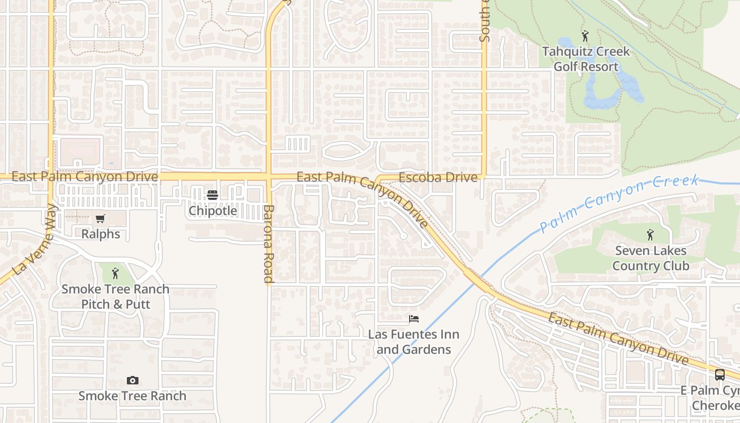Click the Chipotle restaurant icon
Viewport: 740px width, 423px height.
tap(212, 195)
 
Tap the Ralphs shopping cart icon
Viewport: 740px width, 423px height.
tap(100, 218)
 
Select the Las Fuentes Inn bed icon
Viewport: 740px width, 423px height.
tap(414, 318)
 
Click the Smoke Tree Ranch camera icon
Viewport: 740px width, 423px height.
tap(132, 380)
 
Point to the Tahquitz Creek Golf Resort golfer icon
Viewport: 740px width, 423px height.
tap(585, 36)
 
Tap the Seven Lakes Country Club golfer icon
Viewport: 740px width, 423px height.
tap(650, 234)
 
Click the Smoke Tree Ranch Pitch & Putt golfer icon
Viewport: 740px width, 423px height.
tap(115, 273)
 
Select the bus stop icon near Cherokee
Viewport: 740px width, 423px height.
tap(719, 375)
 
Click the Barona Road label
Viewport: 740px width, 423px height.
tap(269, 244)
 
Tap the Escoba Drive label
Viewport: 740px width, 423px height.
tap(438, 178)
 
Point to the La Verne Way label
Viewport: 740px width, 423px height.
tap(34, 240)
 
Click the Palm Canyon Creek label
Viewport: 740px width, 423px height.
tap(618, 204)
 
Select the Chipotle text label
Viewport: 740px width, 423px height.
tap(213, 210)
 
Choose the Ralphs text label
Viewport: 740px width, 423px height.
tap(100, 234)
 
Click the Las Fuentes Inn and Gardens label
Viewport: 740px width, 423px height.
tap(414, 342)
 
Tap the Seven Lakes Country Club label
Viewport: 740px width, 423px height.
tap(650, 258)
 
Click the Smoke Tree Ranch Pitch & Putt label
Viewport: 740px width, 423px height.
tap(115, 297)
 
